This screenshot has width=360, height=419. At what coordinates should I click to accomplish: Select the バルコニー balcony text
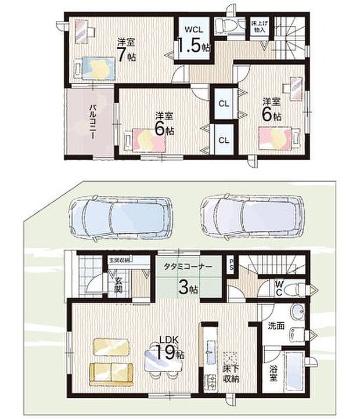pos(92,121)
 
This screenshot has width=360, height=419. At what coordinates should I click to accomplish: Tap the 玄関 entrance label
pos(118,284)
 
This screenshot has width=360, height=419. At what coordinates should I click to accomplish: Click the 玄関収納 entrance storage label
pos(119,261)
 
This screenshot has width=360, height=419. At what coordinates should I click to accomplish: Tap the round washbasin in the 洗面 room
pos(298,313)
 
